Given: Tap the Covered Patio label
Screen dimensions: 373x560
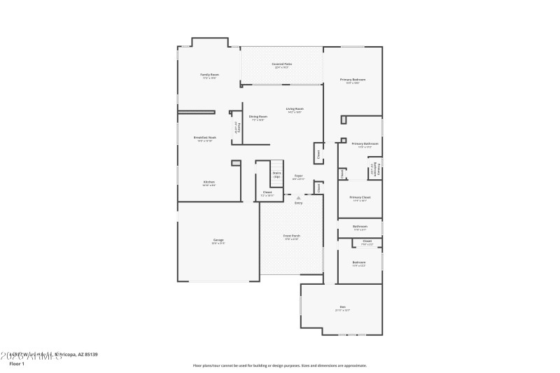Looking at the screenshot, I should click(282, 64).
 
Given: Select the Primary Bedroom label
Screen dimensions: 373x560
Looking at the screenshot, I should click(353, 80).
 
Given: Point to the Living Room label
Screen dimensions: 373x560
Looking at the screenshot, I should click(294, 108).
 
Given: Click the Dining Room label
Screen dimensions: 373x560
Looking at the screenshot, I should click(258, 116).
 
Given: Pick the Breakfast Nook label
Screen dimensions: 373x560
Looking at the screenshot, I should click(205, 137).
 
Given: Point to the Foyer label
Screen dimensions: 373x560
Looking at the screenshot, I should click(297, 176).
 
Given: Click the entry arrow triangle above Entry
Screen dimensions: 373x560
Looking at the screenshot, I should click(298, 198).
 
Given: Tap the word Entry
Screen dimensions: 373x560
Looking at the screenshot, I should click(298, 203).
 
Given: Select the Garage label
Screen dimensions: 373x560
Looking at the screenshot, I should click(218, 240).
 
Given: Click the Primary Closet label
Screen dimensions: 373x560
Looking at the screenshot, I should click(360, 197).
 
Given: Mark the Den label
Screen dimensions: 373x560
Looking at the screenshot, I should click(342, 307).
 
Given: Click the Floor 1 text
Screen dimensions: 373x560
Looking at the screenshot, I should click(17, 364).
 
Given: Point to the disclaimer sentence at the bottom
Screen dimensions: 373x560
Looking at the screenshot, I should click(279, 365).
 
